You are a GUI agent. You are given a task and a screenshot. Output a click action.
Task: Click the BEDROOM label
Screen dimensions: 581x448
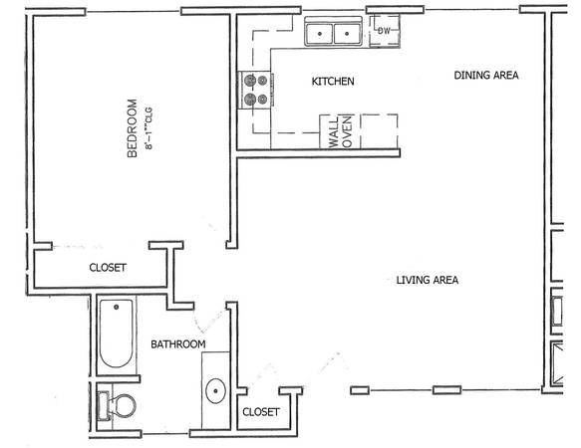pos(132,128)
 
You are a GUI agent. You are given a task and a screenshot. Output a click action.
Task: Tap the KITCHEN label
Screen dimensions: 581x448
pos(333,81)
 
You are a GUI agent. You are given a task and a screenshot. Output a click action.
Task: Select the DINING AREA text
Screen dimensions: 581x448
pos(486,75)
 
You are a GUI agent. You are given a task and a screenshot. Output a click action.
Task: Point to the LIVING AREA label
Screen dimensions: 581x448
pos(428,280)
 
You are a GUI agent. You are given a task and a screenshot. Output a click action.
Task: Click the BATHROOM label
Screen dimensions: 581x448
pos(177,344)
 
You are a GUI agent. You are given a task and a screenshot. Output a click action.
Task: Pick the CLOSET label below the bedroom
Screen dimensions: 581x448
pos(108,268)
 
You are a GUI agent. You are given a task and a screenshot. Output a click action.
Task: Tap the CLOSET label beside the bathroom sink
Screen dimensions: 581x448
pos(261,412)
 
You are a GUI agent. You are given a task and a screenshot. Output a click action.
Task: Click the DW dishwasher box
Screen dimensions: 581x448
pos(385,31)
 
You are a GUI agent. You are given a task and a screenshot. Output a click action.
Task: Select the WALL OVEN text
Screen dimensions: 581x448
pos(340,131)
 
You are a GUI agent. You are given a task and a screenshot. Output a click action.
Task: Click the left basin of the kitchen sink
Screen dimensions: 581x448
pos(320,34)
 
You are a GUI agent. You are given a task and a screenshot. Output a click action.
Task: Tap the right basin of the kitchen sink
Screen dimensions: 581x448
pos(347,34)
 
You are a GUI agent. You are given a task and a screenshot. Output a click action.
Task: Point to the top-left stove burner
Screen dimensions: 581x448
pos(250,80)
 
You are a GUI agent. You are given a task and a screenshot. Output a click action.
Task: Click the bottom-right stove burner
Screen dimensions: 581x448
pos(262,100)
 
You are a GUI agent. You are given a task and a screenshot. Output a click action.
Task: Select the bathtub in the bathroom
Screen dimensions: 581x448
pos(116,334)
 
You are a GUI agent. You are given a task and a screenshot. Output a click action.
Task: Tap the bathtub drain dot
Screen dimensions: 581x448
pos(116,307)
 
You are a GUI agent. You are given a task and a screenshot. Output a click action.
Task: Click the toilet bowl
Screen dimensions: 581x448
pos(123,406)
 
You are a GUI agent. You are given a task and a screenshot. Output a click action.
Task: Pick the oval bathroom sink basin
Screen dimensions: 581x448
pos(215,390)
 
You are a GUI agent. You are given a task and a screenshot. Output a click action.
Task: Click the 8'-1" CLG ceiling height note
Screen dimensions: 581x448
pos(148,128)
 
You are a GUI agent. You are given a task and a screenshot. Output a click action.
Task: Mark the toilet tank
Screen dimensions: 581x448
pos(104,406)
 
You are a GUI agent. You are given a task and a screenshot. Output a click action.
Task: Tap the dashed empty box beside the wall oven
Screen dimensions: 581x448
pos(380,131)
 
